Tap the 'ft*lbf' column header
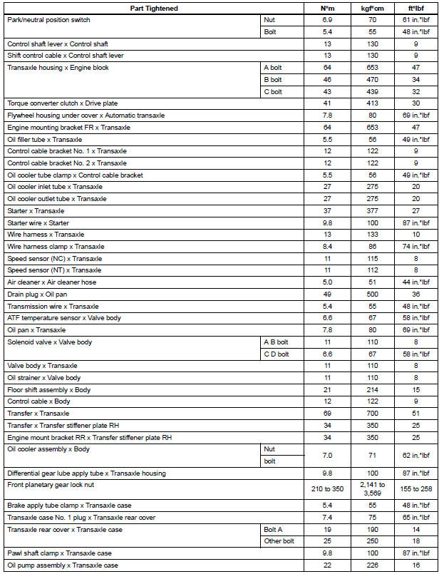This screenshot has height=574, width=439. click(415, 9)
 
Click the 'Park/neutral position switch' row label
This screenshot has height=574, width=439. click(49, 20)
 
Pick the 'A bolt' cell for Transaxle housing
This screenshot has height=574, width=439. click(274, 68)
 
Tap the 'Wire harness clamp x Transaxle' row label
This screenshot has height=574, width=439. click(56, 246)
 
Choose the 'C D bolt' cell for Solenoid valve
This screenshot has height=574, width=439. click(277, 354)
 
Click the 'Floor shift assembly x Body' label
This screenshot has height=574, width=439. click(49, 389)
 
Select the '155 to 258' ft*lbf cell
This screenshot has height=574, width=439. click(415, 489)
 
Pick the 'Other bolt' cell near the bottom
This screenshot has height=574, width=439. click(277, 541)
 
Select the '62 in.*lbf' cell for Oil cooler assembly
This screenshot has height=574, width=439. click(415, 454)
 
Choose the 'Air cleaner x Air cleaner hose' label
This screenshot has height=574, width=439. click(52, 282)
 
